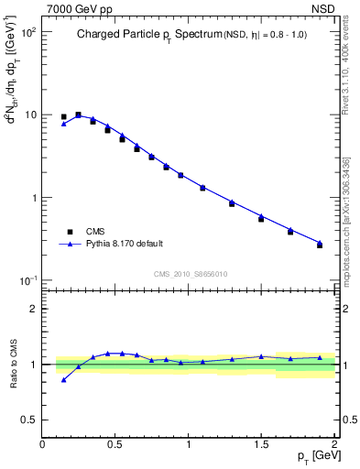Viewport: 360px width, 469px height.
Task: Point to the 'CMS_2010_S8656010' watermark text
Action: click(190, 273)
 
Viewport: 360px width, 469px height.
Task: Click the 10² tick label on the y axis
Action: click(27, 31)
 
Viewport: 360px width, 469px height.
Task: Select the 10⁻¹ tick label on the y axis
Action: click(27, 280)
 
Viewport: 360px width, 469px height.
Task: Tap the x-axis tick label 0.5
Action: click(115, 444)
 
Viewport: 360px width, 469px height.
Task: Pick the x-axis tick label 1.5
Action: click(261, 444)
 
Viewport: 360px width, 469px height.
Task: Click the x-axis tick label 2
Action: click(335, 444)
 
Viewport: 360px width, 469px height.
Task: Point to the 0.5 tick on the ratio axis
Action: click(29, 420)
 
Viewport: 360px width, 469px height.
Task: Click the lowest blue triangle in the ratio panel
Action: click(63, 379)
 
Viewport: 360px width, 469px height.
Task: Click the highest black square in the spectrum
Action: click(78, 115)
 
